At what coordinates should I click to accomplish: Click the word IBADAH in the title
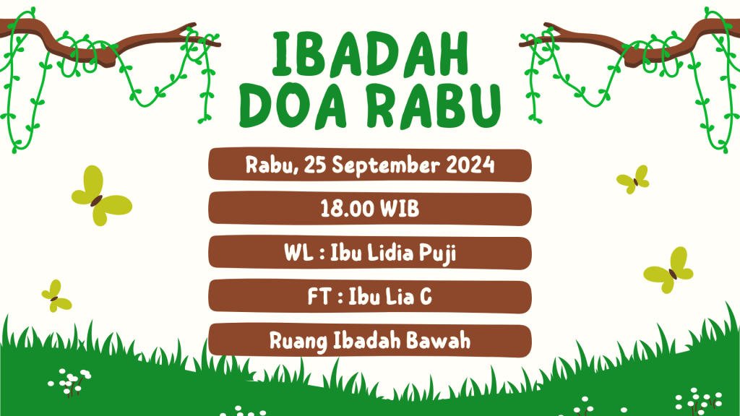(x=371, y=54)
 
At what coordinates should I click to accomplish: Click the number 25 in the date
(x=315, y=165)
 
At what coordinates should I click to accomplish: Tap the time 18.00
(x=348, y=209)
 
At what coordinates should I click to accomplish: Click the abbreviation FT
(x=318, y=297)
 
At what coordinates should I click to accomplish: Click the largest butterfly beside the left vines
(x=101, y=195)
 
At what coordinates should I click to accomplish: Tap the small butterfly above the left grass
(x=56, y=295)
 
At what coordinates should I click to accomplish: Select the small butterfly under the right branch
(x=633, y=179)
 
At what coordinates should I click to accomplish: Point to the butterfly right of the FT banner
(x=668, y=270)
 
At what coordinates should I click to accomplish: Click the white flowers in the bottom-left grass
(x=69, y=381)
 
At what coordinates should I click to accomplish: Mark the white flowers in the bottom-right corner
(x=699, y=402)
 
